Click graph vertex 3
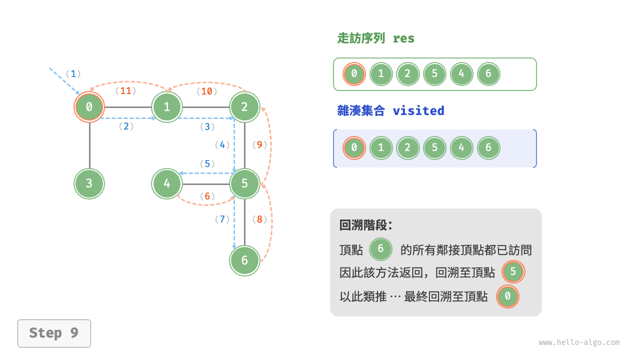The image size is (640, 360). tap(89, 183)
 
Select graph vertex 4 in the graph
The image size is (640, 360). tap(167, 183)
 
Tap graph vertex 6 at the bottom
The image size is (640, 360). tap(244, 260)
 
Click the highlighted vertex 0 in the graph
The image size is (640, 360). tap(89, 106)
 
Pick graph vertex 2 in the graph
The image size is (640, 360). tap(244, 106)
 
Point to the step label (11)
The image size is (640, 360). tap(126, 91)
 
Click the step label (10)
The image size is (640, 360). tap(206, 91)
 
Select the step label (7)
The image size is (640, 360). tap(222, 219)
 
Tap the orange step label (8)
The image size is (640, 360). tap(260, 219)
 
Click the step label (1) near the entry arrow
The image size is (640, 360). tap(73, 74)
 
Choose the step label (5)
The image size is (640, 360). tap(207, 163)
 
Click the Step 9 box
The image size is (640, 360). tap(54, 333)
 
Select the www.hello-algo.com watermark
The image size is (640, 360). tap(579, 342)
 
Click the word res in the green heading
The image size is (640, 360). tap(403, 38)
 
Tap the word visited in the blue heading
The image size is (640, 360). tap(418, 110)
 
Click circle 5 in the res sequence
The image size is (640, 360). tap(434, 74)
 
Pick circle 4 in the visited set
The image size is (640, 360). tap(461, 148)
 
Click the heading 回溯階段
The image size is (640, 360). tap(366, 225)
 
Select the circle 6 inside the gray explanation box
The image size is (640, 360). tap(380, 248)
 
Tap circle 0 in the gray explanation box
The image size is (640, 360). tap(507, 296)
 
